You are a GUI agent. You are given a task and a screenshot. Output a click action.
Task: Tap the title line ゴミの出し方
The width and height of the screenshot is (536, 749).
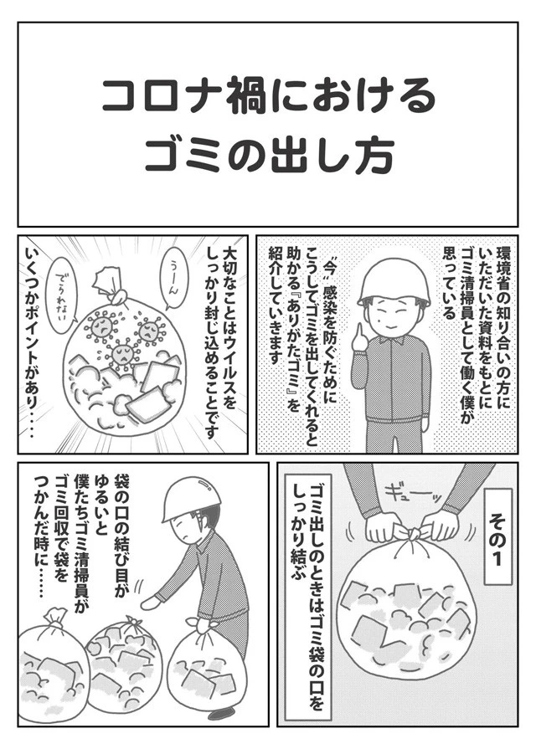(x=268, y=156)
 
